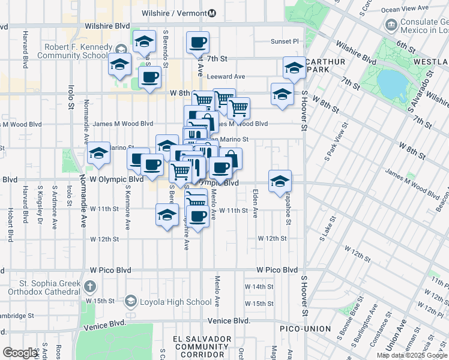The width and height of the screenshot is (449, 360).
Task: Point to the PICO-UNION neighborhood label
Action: (306, 329)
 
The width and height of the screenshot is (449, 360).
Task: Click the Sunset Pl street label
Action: (284, 41)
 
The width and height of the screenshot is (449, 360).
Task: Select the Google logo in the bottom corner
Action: (20, 353)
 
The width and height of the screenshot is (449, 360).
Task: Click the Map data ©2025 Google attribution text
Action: (412, 355)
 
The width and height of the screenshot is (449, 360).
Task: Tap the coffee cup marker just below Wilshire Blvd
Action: (197, 43)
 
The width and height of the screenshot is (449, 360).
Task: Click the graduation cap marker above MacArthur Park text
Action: (294, 69)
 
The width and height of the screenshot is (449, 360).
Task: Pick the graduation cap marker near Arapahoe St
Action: (280, 182)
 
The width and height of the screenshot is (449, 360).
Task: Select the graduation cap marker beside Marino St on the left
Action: (98, 154)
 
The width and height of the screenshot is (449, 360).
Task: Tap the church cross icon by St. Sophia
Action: (90, 287)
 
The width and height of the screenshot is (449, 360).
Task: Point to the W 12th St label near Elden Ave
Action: (272, 239)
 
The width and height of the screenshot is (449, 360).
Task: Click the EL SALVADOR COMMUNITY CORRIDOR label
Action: (202, 347)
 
